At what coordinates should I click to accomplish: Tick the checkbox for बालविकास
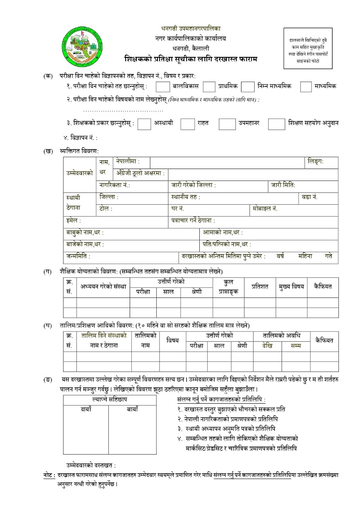(162, 86)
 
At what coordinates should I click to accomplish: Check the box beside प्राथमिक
(209, 86)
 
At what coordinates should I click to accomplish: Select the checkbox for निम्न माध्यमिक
(247, 86)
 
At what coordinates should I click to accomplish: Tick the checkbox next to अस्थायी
(144, 124)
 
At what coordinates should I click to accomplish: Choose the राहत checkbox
(187, 124)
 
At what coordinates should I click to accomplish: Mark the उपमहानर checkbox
(227, 124)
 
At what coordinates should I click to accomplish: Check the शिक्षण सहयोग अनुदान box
(276, 124)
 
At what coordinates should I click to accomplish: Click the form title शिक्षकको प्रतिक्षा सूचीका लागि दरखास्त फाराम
(191, 59)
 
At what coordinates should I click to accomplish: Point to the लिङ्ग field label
(316, 162)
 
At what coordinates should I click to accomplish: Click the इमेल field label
(74, 220)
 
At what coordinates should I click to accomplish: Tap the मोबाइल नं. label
(265, 208)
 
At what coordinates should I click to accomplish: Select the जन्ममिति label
(78, 256)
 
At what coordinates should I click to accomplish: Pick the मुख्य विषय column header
(291, 286)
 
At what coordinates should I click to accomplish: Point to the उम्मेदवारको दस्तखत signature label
(91, 465)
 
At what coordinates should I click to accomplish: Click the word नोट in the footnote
(49, 475)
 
